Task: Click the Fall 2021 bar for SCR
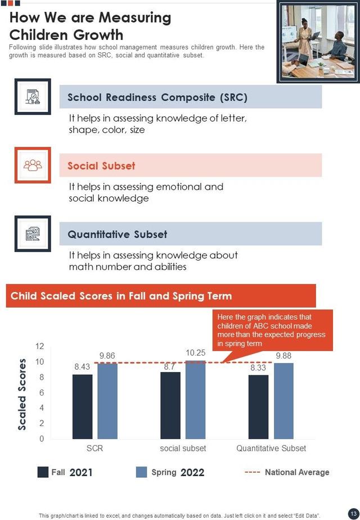tap(82, 406)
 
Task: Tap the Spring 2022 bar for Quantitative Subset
tap(284, 401)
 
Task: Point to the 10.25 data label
tap(196, 352)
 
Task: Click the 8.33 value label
tap(258, 366)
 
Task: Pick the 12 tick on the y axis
tap(39, 346)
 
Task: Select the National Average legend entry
tap(287, 472)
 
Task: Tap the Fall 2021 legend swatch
tap(43, 472)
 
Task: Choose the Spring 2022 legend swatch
tap(141, 472)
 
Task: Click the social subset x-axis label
tap(183, 449)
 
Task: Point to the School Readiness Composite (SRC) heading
tap(157, 97)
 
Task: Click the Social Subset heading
tap(101, 166)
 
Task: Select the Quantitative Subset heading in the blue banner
tap(117, 234)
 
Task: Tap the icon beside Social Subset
tap(33, 165)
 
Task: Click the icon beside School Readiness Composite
tap(33, 97)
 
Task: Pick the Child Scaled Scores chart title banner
tap(160, 296)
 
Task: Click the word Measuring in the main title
tap(135, 18)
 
